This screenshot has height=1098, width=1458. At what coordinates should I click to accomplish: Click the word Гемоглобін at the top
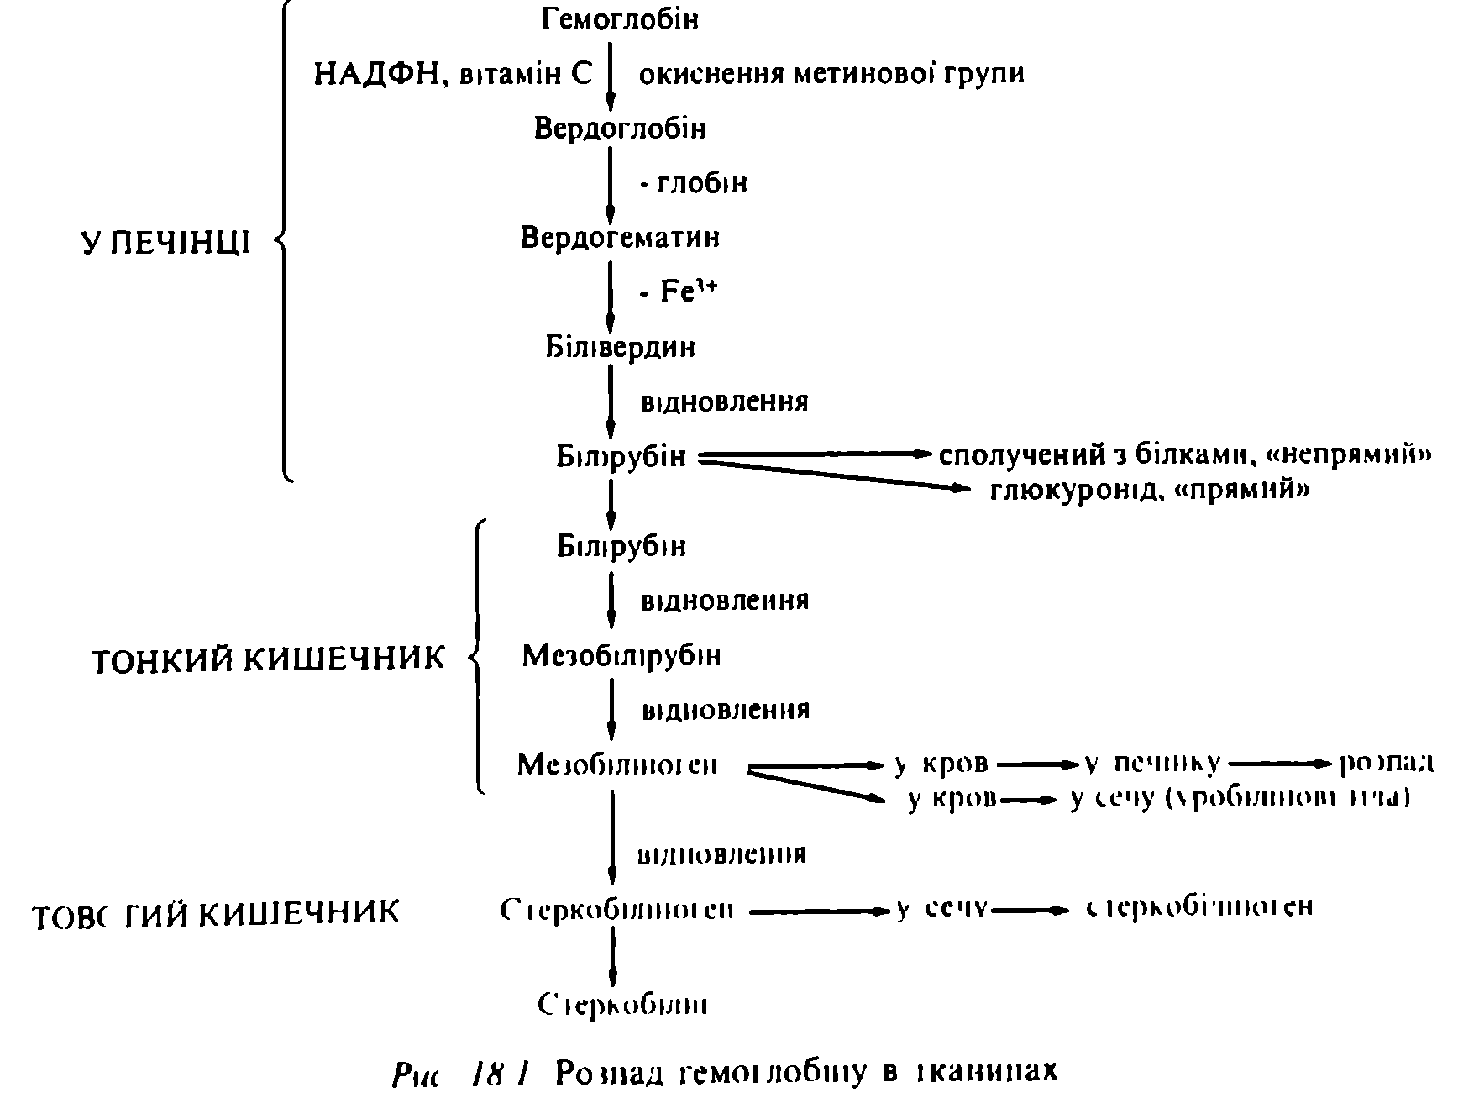pos(619,18)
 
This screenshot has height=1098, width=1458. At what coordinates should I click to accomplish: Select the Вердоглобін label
pos(620,129)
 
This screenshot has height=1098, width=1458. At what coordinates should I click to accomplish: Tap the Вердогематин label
pos(620,238)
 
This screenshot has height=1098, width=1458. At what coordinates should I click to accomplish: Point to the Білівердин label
pos(620,346)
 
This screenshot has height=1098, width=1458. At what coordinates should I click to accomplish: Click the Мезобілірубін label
pos(621,656)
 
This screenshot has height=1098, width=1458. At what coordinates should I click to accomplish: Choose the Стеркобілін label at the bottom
pos(623,1005)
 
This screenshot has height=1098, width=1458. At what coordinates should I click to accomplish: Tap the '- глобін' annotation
pos(694,183)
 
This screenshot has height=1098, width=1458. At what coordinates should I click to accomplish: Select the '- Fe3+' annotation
pos(679,292)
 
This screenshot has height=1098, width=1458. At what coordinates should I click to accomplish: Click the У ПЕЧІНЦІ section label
pos(165,243)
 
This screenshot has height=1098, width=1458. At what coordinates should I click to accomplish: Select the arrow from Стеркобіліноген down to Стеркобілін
pos(612,956)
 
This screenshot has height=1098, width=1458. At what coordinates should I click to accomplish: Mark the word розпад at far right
pos(1386,764)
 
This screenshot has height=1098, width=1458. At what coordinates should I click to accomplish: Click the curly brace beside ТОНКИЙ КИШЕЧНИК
pos(478,656)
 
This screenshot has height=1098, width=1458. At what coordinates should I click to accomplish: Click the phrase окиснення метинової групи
pos(831,75)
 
